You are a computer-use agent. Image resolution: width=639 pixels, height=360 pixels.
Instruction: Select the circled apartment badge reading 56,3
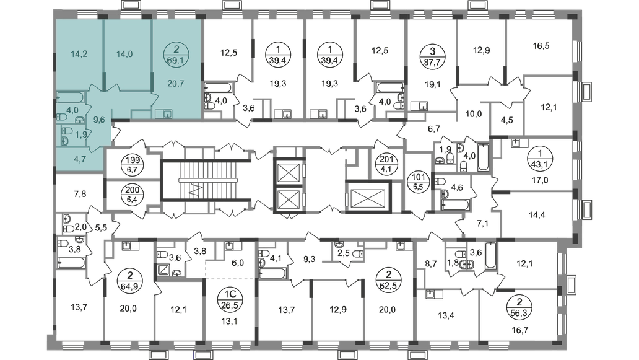point(519,308)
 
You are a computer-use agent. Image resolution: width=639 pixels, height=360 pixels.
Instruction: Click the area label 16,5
point(541,46)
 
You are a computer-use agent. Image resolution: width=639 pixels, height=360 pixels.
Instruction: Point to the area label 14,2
point(79,54)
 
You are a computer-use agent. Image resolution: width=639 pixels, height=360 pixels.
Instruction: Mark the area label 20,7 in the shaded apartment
point(176,84)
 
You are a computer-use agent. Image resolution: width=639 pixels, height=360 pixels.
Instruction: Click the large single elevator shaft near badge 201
point(368,196)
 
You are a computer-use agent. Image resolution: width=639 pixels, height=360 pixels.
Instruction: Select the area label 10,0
point(474,114)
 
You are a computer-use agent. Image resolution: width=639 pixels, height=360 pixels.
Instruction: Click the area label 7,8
point(80,194)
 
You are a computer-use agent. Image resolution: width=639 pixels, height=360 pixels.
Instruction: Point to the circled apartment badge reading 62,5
point(389,279)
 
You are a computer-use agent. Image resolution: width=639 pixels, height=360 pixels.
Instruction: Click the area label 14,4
point(537,215)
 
